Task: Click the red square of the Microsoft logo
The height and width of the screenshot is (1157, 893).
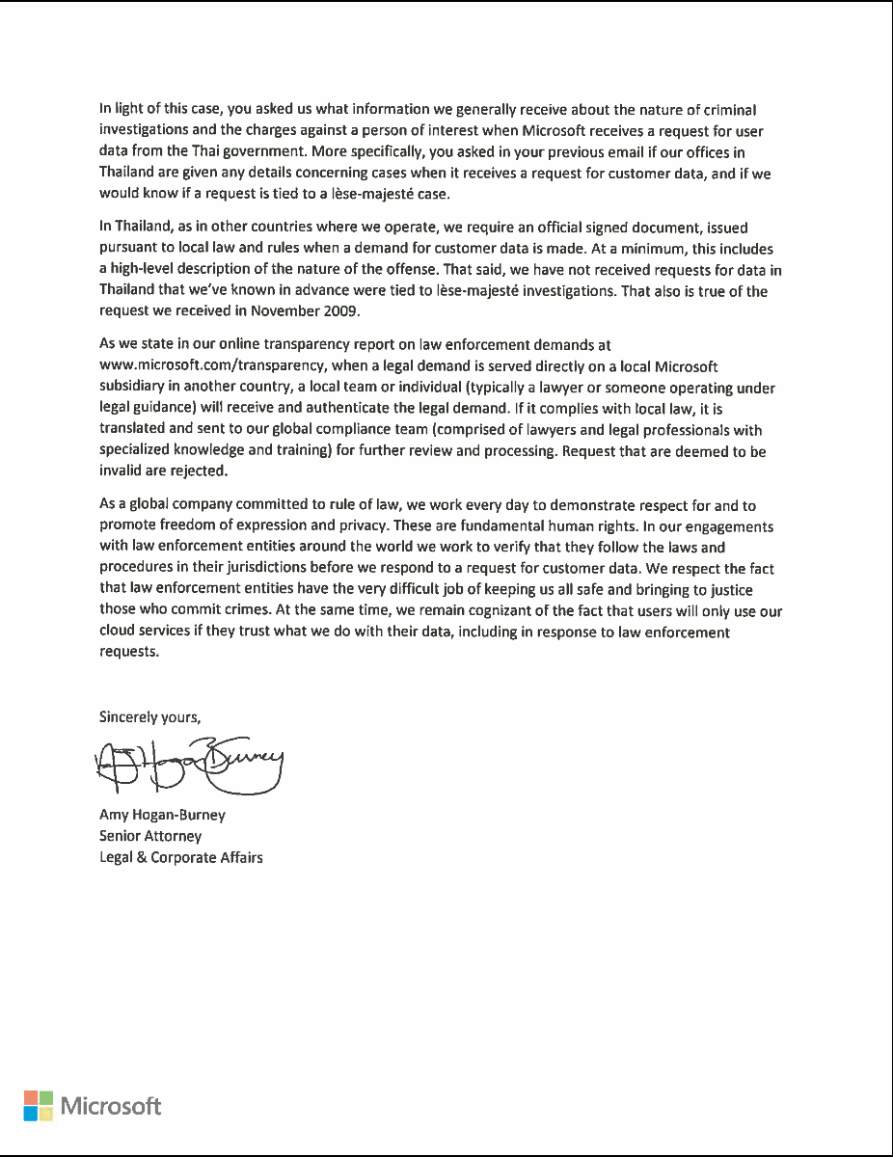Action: [30, 1097]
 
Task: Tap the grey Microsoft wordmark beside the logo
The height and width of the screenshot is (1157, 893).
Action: [112, 1106]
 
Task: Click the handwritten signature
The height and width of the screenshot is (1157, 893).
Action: [187, 767]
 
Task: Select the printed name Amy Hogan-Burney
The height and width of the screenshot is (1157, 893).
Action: [162, 815]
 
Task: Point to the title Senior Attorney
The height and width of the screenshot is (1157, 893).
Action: [150, 836]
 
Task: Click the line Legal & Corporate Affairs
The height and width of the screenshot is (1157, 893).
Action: [181, 857]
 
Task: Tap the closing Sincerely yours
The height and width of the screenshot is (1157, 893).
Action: [149, 716]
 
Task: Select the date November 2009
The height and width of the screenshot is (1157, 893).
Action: [316, 311]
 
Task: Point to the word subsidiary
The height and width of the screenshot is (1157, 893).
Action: [135, 388]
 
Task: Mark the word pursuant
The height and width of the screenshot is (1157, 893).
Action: [130, 248]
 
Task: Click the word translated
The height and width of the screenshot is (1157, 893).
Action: [134, 430]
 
